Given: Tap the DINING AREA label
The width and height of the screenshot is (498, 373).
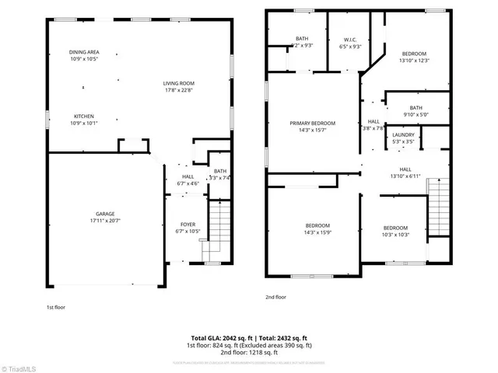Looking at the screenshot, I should pos(83,52).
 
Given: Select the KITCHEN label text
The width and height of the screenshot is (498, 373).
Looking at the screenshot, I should pos(84,116).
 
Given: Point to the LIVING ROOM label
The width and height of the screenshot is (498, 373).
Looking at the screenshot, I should pos(178,83).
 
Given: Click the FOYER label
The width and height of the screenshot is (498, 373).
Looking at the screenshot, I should pos(188,225).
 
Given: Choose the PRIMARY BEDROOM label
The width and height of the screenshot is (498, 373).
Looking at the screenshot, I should pos(312,123).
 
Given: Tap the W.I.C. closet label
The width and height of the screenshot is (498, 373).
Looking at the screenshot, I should pos(350,40).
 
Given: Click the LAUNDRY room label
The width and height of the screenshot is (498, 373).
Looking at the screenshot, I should pos(403,134).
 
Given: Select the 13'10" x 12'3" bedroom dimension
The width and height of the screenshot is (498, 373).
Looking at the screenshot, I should pos(414,60).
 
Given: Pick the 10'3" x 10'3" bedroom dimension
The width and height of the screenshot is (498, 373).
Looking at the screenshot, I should pos(395,235).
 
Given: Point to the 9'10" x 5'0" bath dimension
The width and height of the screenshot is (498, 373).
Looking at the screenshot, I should pos(416,115).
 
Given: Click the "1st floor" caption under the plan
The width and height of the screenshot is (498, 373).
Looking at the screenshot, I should pos(55,307).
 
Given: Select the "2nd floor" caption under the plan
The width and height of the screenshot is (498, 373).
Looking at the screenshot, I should pos(275,296).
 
